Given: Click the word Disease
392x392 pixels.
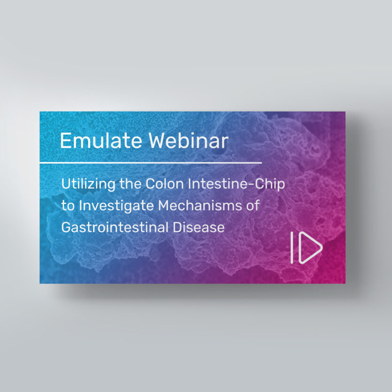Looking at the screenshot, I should pos(199,228).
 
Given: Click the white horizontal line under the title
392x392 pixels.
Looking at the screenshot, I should pos(150,162).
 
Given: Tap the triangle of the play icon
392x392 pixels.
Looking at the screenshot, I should pos(309,247).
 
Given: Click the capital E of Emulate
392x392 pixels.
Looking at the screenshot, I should pos(65,141).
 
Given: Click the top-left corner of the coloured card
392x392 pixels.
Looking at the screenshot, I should pos(40,112).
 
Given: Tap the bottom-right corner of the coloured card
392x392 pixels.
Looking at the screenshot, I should pos(345,283).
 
